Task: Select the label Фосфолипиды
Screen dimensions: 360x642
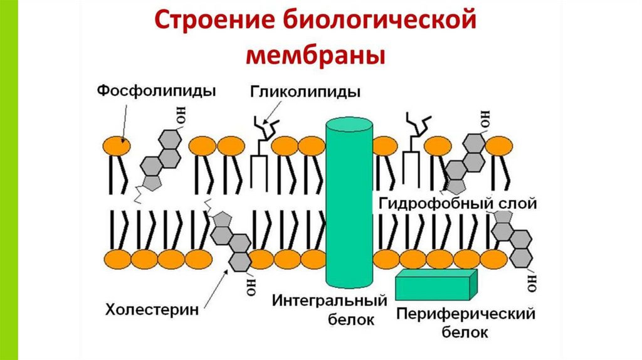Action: (156, 91)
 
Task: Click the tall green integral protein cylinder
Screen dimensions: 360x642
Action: (349, 201)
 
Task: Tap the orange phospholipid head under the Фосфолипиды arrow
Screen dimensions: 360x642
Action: (117, 146)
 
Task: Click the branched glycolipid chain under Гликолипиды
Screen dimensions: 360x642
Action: (263, 128)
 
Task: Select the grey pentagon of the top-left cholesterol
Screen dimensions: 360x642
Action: (152, 182)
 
